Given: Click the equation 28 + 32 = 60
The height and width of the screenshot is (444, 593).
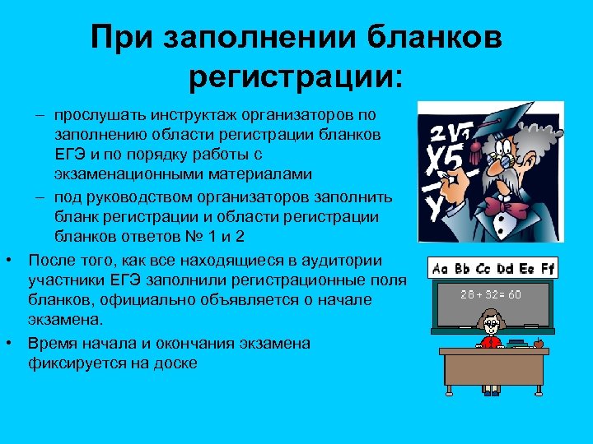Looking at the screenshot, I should tap(491, 294).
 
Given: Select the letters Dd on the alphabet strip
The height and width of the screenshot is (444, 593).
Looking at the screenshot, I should tap(503, 269).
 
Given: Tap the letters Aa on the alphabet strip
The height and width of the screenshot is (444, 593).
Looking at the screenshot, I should tap(441, 269).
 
